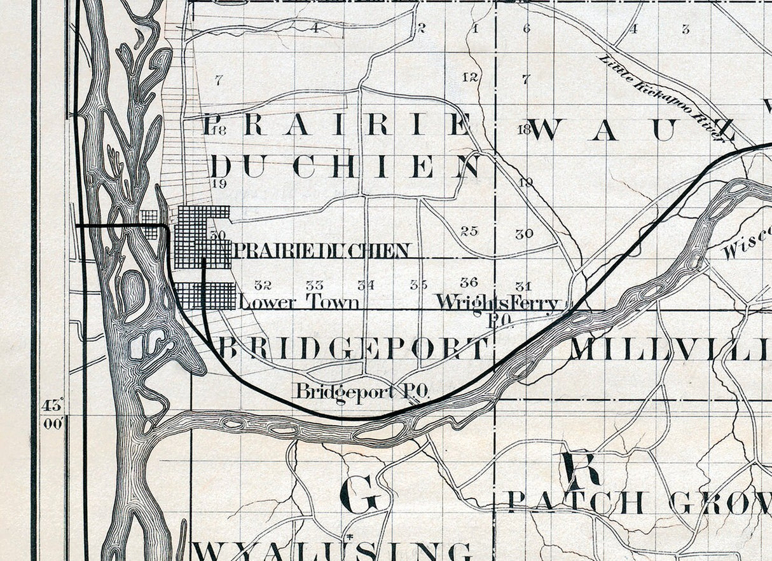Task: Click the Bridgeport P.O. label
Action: coord(360,391)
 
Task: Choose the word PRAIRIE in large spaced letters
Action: coord(337,125)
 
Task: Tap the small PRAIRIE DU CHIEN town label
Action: coord(322,250)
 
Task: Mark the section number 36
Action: coord(469,282)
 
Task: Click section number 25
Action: coord(469,231)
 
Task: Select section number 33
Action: coord(314,285)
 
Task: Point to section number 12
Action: coord(470,78)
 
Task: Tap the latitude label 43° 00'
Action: coord(53,414)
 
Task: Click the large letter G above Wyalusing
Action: coord(360,494)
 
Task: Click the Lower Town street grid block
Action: coord(205,296)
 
